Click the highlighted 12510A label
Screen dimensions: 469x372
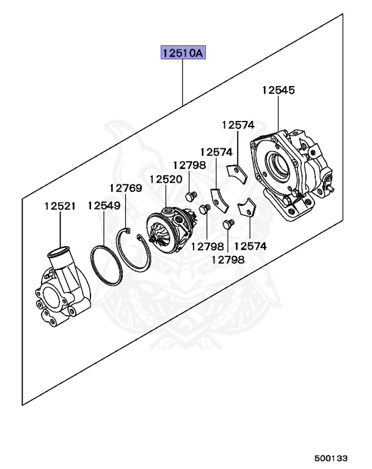[x=183, y=53]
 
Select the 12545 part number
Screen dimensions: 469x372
[x=278, y=90]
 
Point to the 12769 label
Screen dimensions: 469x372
[x=125, y=187]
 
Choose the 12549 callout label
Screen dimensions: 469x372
[x=103, y=206]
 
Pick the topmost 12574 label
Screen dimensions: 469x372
[x=238, y=125]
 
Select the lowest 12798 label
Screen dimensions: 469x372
[x=228, y=260]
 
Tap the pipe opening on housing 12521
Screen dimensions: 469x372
[x=60, y=252]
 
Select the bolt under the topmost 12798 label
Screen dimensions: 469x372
[x=189, y=195]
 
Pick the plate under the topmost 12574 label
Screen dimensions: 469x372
[x=236, y=173]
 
